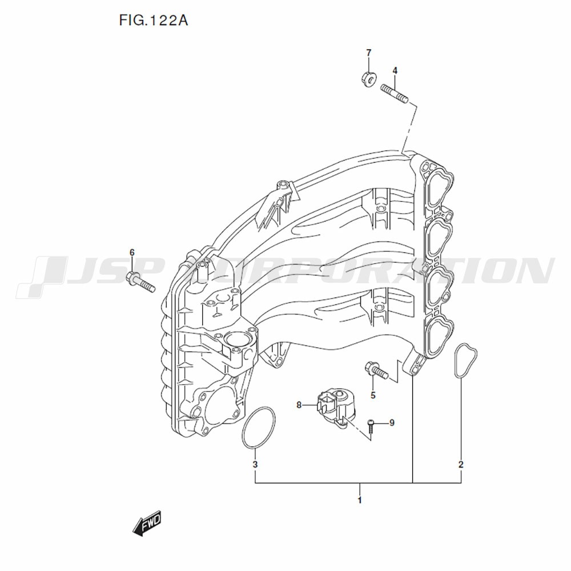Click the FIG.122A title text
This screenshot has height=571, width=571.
(153, 21)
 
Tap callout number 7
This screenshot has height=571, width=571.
(368, 53)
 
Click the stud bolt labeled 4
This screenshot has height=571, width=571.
(395, 93)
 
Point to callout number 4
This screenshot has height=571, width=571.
(395, 71)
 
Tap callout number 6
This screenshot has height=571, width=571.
(132, 252)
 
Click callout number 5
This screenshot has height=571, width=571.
(373, 395)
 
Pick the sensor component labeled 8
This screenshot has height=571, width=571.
(335, 407)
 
